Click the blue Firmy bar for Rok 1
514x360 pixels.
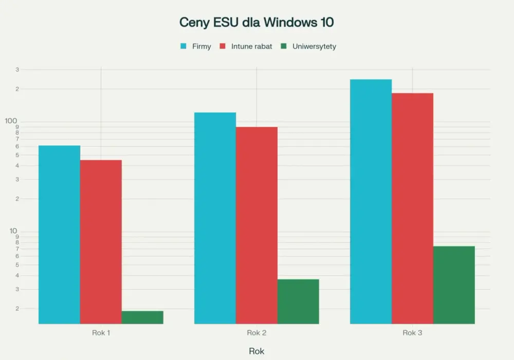tap(59, 235)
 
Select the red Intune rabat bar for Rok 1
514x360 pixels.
tap(101, 242)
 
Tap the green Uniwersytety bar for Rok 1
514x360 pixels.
tap(142, 317)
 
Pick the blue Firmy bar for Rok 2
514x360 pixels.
tap(215, 218)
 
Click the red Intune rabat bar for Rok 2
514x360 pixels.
tap(256, 225)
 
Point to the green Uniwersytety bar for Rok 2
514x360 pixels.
tap(298, 302)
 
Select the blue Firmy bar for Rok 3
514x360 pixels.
tap(371, 202)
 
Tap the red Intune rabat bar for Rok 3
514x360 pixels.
tap(412, 208)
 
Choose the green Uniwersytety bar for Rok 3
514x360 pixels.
tap(454, 285)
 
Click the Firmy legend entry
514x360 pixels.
tap(196, 46)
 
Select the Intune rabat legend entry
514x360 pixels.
tap(246, 46)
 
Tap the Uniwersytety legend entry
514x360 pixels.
tap(308, 46)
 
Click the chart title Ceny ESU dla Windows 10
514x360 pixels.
tap(256, 22)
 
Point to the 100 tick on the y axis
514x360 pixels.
tap(11, 121)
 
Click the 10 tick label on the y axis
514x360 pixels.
tap(13, 231)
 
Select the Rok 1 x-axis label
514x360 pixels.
tap(101, 333)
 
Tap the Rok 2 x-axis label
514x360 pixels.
tap(256, 333)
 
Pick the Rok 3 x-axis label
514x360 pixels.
tap(412, 333)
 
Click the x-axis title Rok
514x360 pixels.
tap(256, 351)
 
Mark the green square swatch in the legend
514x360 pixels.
tap(284, 46)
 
